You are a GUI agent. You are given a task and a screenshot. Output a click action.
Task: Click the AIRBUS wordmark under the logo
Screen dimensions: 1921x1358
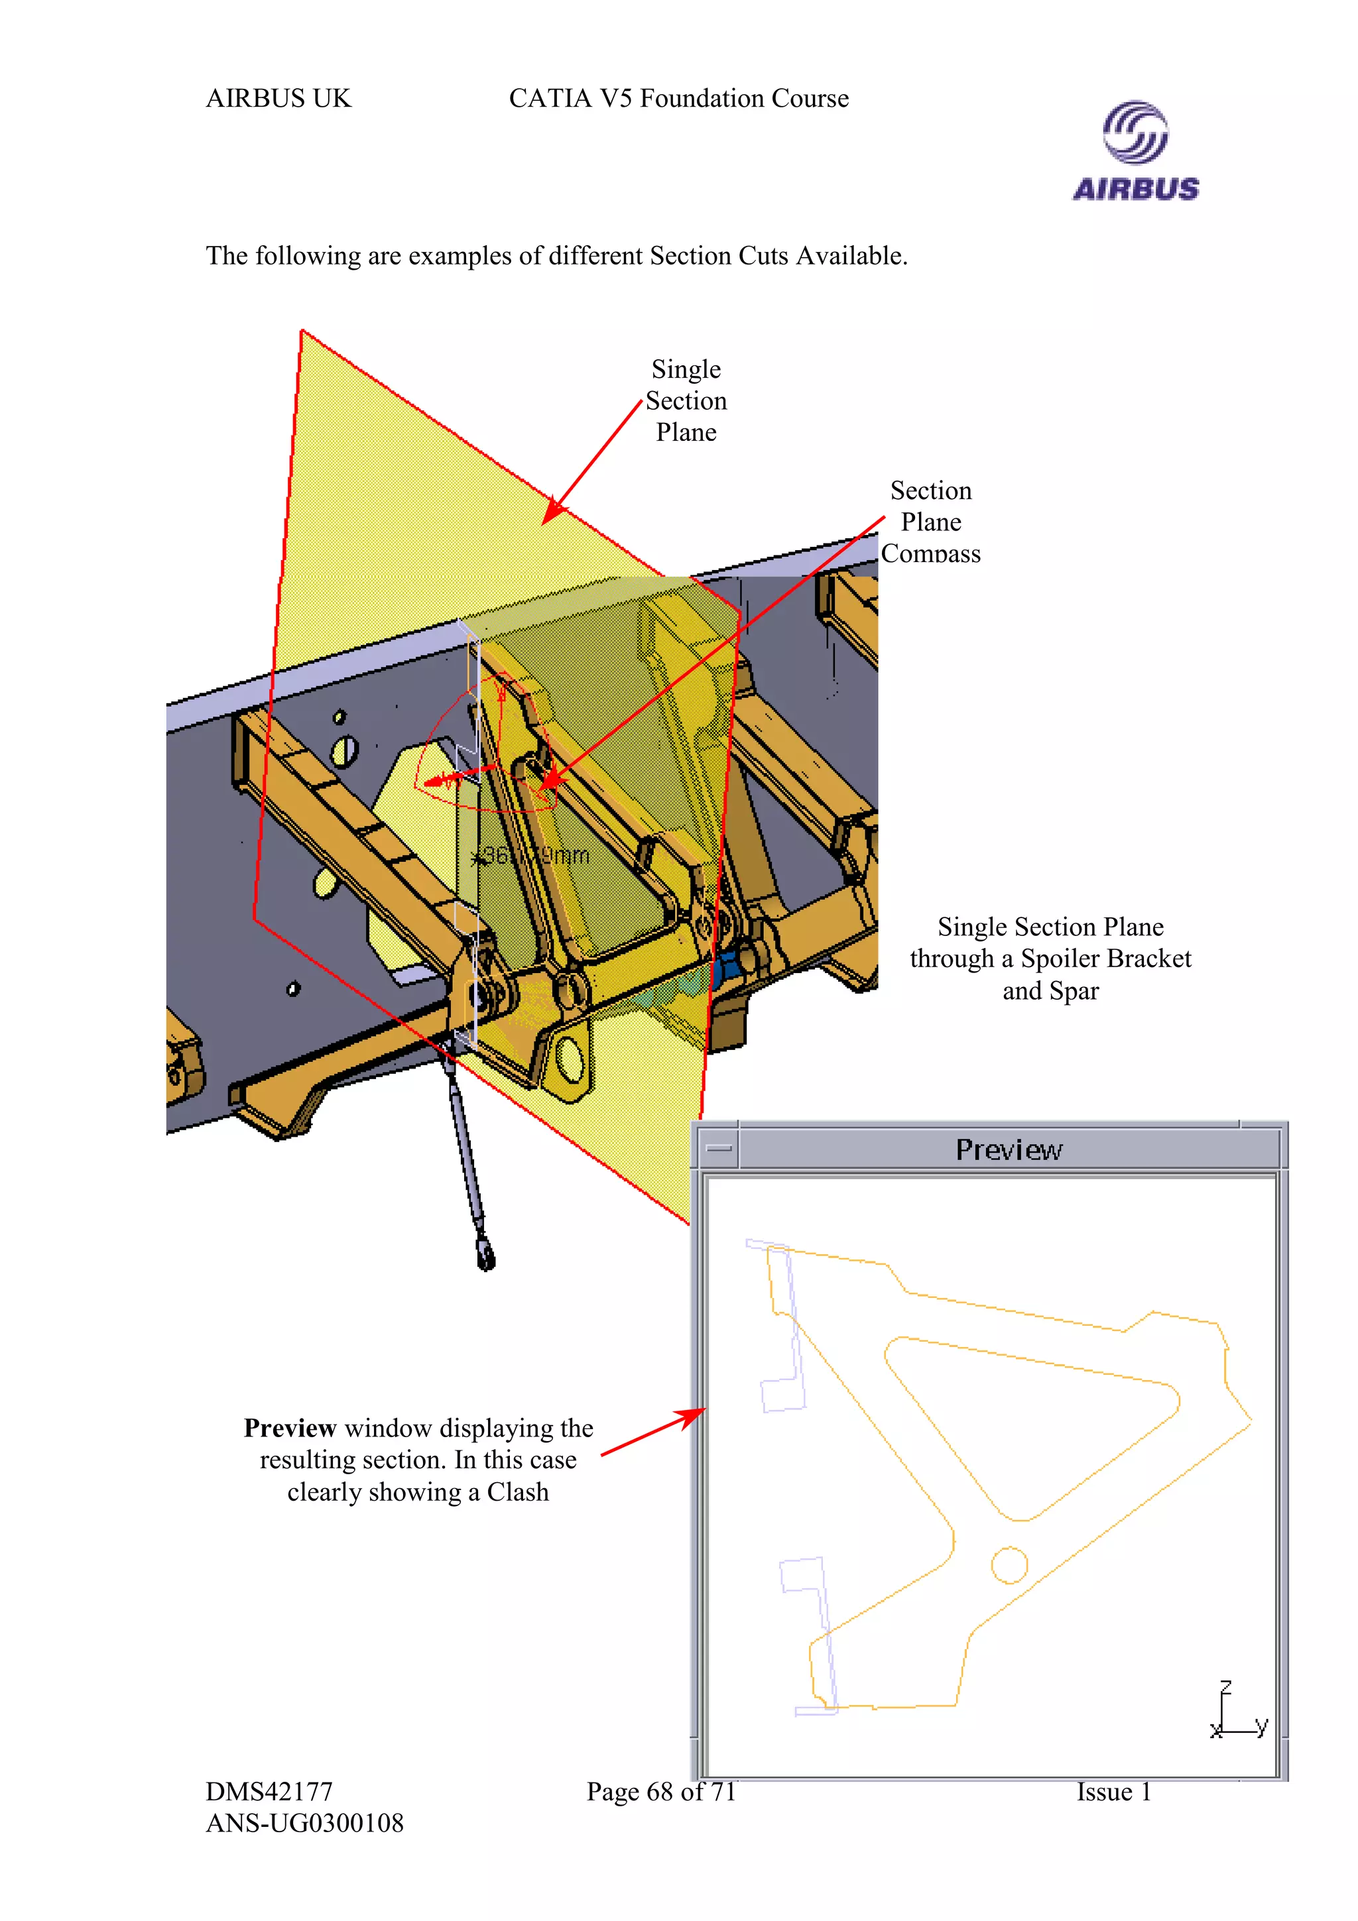point(1135,189)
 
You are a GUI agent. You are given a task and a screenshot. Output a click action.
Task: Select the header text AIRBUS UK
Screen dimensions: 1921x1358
point(278,99)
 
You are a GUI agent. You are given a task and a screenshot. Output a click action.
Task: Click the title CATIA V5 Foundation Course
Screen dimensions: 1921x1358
point(678,99)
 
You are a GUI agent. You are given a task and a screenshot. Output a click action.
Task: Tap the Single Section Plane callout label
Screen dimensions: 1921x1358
point(686,401)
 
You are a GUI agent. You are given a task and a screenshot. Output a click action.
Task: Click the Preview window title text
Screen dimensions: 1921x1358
point(1009,1149)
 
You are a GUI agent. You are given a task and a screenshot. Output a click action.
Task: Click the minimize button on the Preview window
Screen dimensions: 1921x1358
point(718,1148)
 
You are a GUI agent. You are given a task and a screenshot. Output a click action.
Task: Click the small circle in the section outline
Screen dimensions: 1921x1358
point(1009,1564)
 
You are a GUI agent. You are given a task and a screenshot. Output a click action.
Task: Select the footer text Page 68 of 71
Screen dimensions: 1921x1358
point(661,1791)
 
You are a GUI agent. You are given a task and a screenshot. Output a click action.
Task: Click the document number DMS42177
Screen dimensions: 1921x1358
point(269,1791)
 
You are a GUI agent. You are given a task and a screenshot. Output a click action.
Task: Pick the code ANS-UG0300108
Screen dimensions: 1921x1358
point(304,1823)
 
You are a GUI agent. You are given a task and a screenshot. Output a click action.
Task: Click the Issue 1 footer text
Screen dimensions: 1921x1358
point(1114,1791)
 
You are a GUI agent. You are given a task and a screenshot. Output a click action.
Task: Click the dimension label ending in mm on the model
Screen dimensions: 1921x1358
point(531,856)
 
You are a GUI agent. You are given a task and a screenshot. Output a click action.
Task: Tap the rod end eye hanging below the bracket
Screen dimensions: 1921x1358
point(485,1255)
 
